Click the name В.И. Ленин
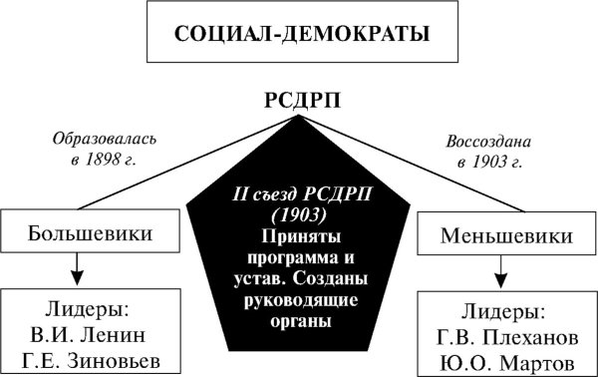(86, 331)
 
